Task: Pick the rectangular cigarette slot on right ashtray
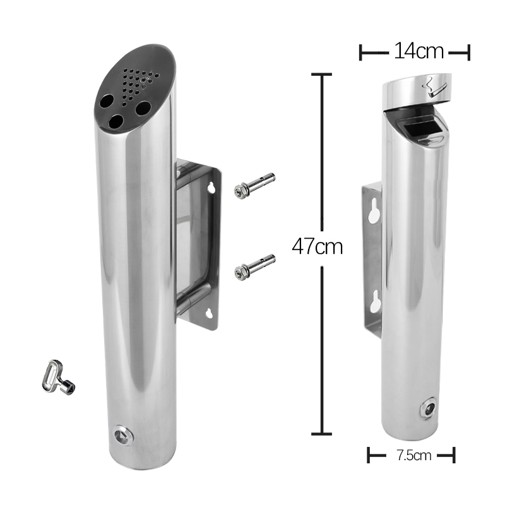click(x=416, y=130)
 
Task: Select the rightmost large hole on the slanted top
click(x=143, y=108)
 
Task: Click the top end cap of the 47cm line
click(x=321, y=74)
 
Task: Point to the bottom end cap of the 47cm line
click(x=321, y=434)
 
